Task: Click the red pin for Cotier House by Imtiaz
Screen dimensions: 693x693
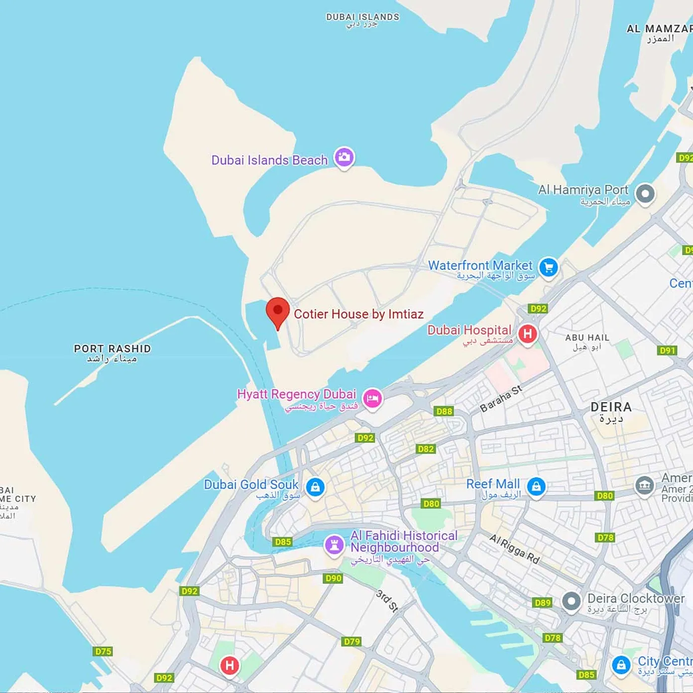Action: [x=277, y=312]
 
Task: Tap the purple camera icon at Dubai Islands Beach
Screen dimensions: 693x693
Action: [x=344, y=157]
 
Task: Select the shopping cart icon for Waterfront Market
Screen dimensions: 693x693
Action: [x=549, y=267]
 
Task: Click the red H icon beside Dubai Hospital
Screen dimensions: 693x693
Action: [x=528, y=334]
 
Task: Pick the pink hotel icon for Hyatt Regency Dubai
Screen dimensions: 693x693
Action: [x=372, y=398]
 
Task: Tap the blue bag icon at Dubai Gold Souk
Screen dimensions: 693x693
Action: [x=315, y=487]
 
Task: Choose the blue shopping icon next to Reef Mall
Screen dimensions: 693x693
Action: [x=536, y=486]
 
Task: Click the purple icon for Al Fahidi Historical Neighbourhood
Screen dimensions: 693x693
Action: [x=334, y=545]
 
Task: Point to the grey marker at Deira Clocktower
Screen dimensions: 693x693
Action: [x=572, y=601]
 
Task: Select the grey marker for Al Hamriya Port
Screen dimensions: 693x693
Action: [x=645, y=193]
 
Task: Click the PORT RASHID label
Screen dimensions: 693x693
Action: [x=112, y=349]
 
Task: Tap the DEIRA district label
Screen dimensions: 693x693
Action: [x=611, y=407]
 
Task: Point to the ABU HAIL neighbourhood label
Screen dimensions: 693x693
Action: [x=587, y=338]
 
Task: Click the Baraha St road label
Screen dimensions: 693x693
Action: [x=501, y=399]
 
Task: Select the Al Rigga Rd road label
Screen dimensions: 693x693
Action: [x=514, y=549]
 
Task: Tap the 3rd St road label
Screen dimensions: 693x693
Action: [x=387, y=601]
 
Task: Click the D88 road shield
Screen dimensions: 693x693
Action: [x=444, y=411]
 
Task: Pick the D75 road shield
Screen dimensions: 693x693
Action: [x=103, y=651]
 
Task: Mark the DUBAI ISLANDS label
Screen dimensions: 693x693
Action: [x=362, y=17]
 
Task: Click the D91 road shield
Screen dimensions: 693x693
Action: [x=667, y=350]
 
